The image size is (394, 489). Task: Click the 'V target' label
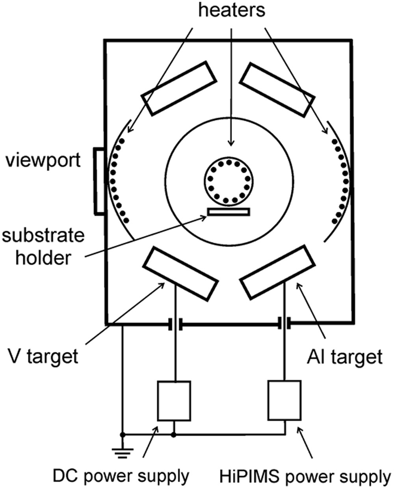coord(43,357)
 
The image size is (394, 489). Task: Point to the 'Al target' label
coord(344,357)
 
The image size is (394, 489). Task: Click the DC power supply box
coord(174,400)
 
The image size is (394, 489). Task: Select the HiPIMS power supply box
coord(284,400)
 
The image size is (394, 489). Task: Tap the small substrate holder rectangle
coord(229,212)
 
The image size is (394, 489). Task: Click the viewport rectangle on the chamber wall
coord(99,181)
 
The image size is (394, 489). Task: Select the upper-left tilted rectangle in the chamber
coord(179,88)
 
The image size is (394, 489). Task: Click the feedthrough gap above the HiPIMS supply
coord(284,324)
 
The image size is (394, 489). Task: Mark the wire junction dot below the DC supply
coord(174,435)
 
